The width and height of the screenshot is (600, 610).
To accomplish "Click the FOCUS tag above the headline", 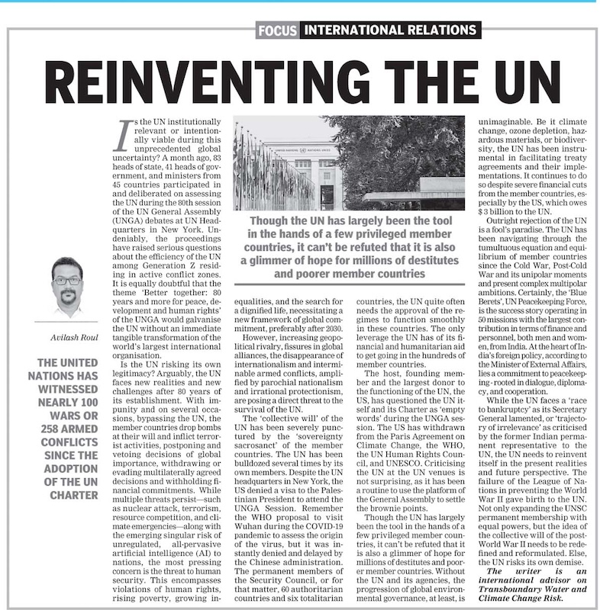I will coord(277,31).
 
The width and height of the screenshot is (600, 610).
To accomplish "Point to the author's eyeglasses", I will coord(67,281).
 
